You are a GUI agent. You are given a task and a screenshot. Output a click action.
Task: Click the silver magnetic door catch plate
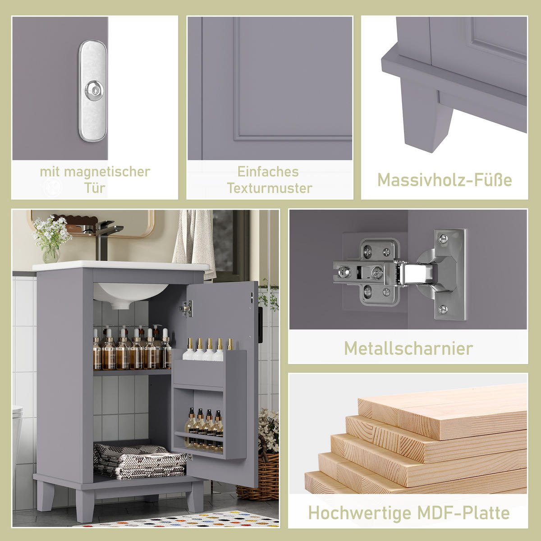tap(93, 91)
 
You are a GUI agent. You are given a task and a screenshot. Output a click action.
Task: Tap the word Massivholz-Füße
tap(444, 180)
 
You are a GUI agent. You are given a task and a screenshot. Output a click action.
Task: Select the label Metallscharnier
tap(408, 348)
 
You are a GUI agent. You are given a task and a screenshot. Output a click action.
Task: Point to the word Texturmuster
tap(269, 188)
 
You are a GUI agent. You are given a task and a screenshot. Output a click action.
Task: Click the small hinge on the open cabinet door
tap(186, 309)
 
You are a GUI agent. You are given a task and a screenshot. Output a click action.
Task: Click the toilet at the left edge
tap(17, 433)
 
